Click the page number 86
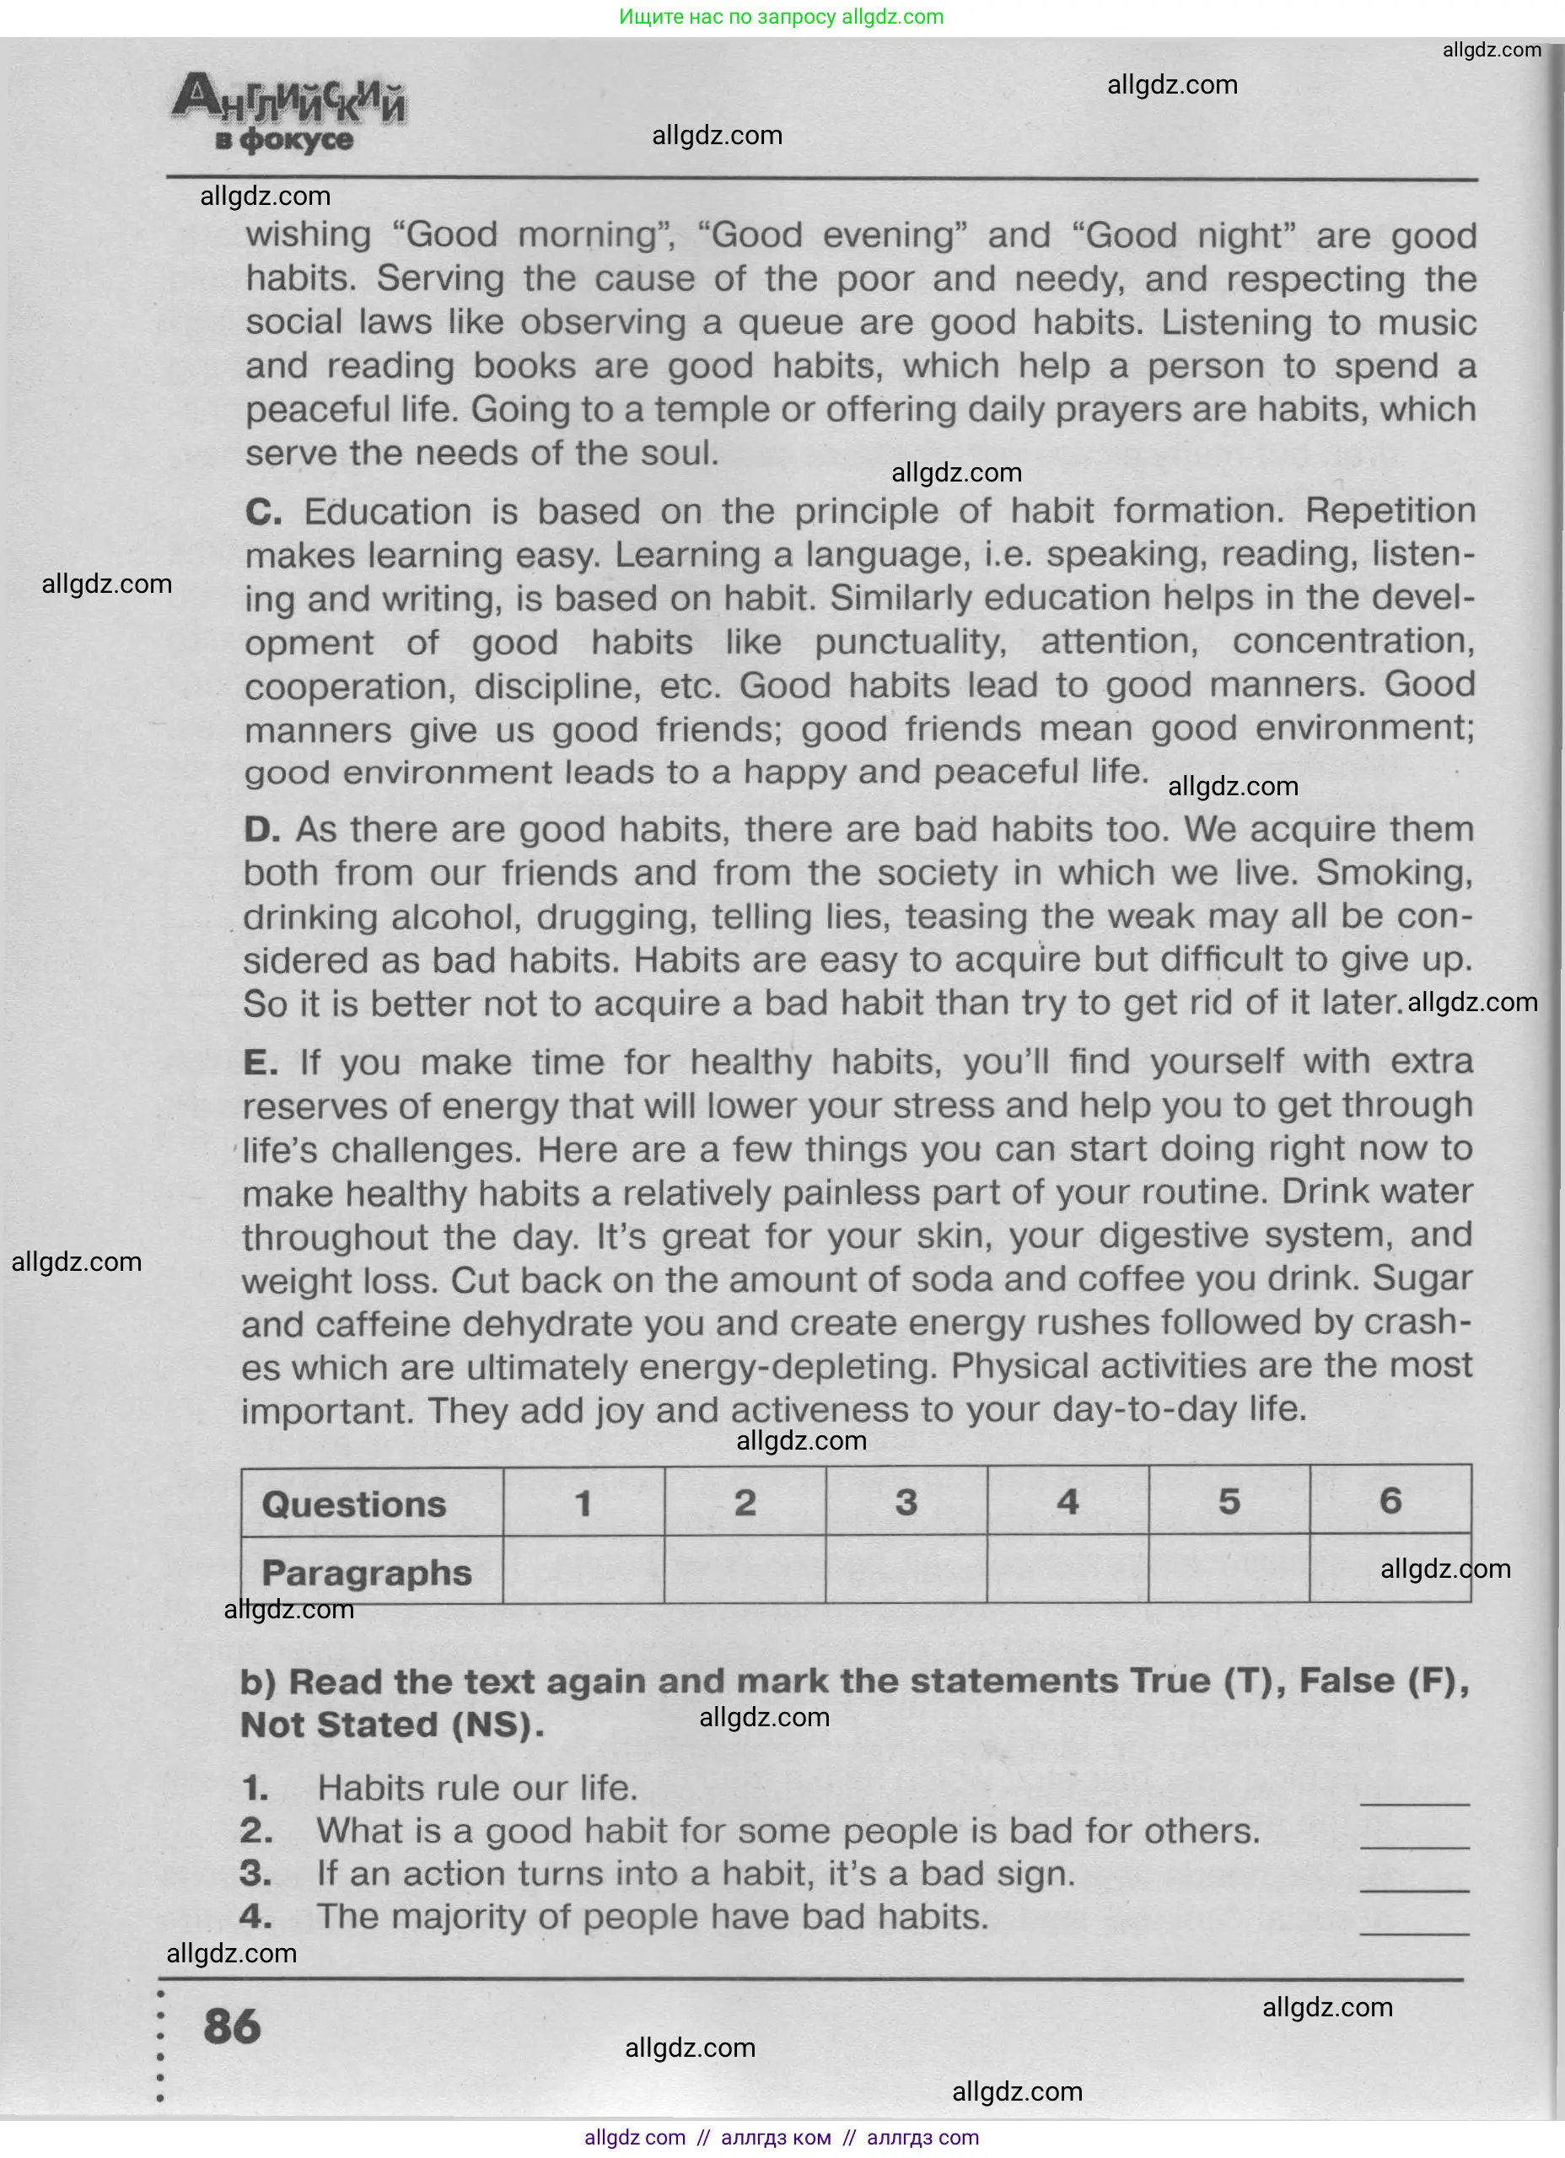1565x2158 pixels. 231,2026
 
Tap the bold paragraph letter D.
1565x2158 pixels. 261,830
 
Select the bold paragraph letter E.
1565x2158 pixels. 260,1062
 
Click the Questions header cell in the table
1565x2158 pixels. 354,1504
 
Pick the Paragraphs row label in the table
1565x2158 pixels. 366,1572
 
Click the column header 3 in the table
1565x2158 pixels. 906,1503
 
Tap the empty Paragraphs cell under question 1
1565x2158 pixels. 584,1571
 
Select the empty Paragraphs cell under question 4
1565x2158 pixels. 1068,1570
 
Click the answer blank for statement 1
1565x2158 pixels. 1415,1793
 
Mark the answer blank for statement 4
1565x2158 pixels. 1415,1923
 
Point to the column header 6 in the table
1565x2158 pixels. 1390,1500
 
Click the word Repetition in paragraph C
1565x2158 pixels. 1390,511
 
